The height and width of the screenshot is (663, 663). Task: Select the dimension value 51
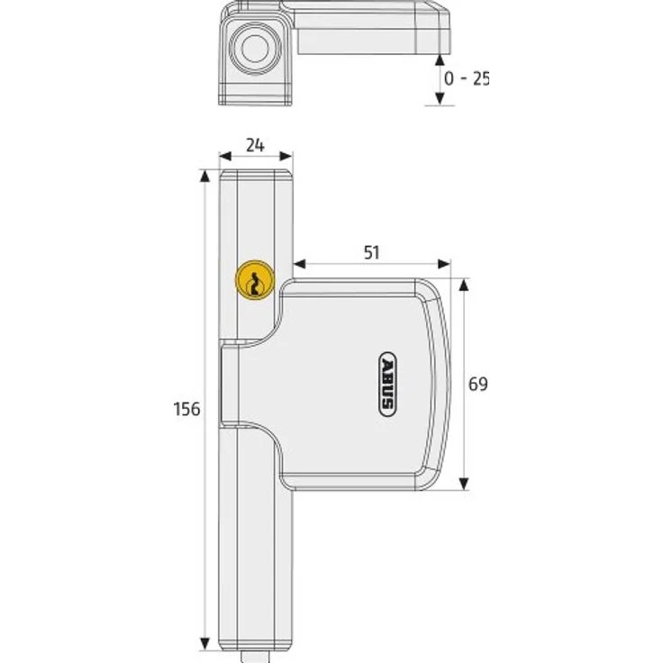click(371, 252)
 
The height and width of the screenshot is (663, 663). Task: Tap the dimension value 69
click(477, 384)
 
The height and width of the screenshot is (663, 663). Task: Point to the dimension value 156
click(186, 408)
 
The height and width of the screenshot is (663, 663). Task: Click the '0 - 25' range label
click(466, 78)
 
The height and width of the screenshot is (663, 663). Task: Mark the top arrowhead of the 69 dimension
click(465, 284)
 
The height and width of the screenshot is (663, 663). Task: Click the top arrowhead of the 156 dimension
click(206, 175)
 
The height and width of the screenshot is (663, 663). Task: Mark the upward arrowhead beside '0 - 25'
click(439, 59)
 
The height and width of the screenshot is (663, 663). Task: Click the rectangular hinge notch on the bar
click(229, 385)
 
